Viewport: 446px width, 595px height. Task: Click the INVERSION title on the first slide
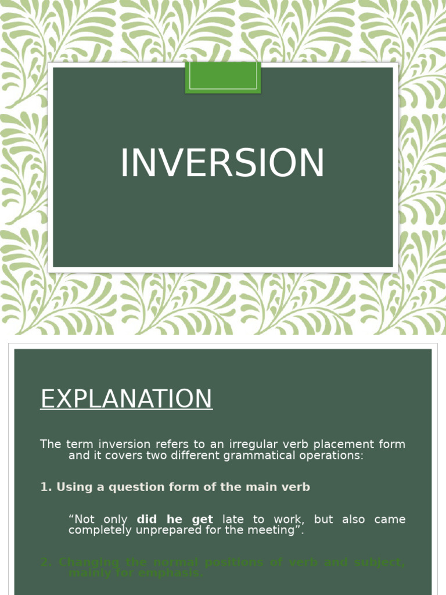tap(222, 163)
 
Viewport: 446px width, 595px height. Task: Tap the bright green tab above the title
tap(223, 77)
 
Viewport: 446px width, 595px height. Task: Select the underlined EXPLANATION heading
tap(126, 399)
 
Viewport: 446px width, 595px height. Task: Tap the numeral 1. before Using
tap(46, 487)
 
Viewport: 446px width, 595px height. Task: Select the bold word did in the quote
tap(147, 519)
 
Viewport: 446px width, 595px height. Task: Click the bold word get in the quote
tap(202, 519)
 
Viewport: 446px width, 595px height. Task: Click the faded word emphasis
tap(177, 573)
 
